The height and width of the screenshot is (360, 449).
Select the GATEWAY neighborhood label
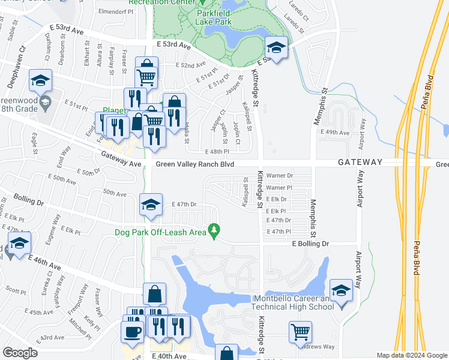(360, 163)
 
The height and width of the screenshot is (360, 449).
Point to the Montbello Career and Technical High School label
(294, 303)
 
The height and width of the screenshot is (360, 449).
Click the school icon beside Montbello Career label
(341, 290)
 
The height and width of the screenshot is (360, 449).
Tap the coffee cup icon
(132, 332)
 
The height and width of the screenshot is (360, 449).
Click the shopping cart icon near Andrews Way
(300, 331)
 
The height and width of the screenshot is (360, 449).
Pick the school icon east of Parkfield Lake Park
(276, 48)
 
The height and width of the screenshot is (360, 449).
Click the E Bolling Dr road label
(310, 244)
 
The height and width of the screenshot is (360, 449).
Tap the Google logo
(20, 353)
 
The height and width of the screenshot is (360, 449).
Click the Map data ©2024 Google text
(411, 355)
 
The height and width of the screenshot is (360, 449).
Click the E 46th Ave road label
(45, 262)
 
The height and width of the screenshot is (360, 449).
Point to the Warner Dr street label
(279, 176)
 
